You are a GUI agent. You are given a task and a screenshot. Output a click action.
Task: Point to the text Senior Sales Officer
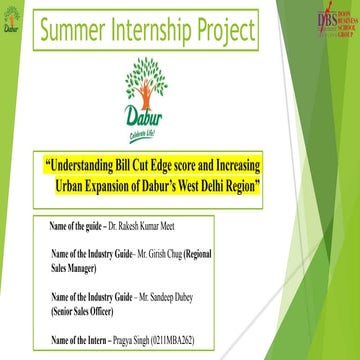point(83,283)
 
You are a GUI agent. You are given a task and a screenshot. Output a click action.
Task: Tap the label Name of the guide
point(80,201)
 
